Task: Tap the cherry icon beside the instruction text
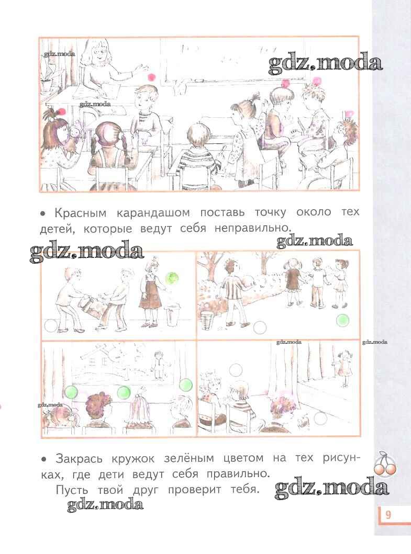tap(385, 463)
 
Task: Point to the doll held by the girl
tap(75, 137)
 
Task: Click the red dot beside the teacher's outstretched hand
tap(152, 77)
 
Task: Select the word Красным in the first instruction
tap(80, 213)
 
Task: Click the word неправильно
tap(252, 228)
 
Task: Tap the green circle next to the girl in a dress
tap(172, 278)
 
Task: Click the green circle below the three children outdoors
tap(342, 320)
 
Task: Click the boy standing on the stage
tap(159, 364)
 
